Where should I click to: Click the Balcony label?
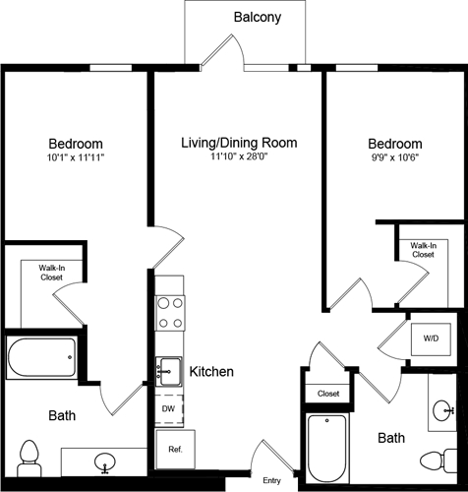click(257, 17)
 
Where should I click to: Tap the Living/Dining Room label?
click(238, 143)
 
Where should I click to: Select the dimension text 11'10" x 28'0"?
click(238, 157)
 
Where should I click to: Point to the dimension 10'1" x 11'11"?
click(76, 157)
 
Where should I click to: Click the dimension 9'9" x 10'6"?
click(395, 157)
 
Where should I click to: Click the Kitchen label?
click(210, 372)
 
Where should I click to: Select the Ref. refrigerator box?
click(175, 450)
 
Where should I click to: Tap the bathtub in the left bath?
click(41, 358)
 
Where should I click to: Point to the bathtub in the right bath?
click(325, 447)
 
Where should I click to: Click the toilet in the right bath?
click(436, 461)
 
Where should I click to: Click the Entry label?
click(271, 480)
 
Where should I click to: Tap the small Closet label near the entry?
click(327, 394)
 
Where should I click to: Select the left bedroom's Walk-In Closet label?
click(52, 272)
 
